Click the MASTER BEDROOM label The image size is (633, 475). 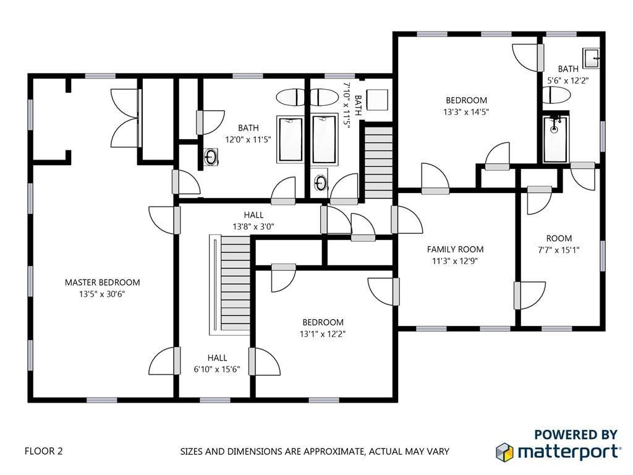click(x=102, y=282)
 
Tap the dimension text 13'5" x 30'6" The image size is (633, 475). click(x=102, y=294)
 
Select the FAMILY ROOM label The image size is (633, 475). click(x=455, y=249)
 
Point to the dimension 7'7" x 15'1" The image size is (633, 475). click(x=558, y=250)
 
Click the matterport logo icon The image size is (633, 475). click(x=504, y=451)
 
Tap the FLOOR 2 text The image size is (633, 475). click(x=44, y=451)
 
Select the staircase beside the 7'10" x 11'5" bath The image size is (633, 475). click(x=379, y=163)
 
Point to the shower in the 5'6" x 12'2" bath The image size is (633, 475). click(x=555, y=139)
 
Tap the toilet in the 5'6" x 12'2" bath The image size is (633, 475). click(x=556, y=95)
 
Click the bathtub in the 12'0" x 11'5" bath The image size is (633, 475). click(x=290, y=139)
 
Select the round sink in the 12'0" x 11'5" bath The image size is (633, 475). click(x=210, y=156)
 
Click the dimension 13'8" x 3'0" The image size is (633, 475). click(x=253, y=226)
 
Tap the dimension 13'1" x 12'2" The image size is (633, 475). click(x=323, y=334)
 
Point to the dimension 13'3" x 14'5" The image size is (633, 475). click(x=466, y=112)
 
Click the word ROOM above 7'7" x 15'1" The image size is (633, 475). click(x=559, y=238)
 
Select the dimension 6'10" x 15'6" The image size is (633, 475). click(x=217, y=369)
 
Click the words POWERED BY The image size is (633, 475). click(x=576, y=435)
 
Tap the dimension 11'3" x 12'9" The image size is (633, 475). click(x=455, y=261)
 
